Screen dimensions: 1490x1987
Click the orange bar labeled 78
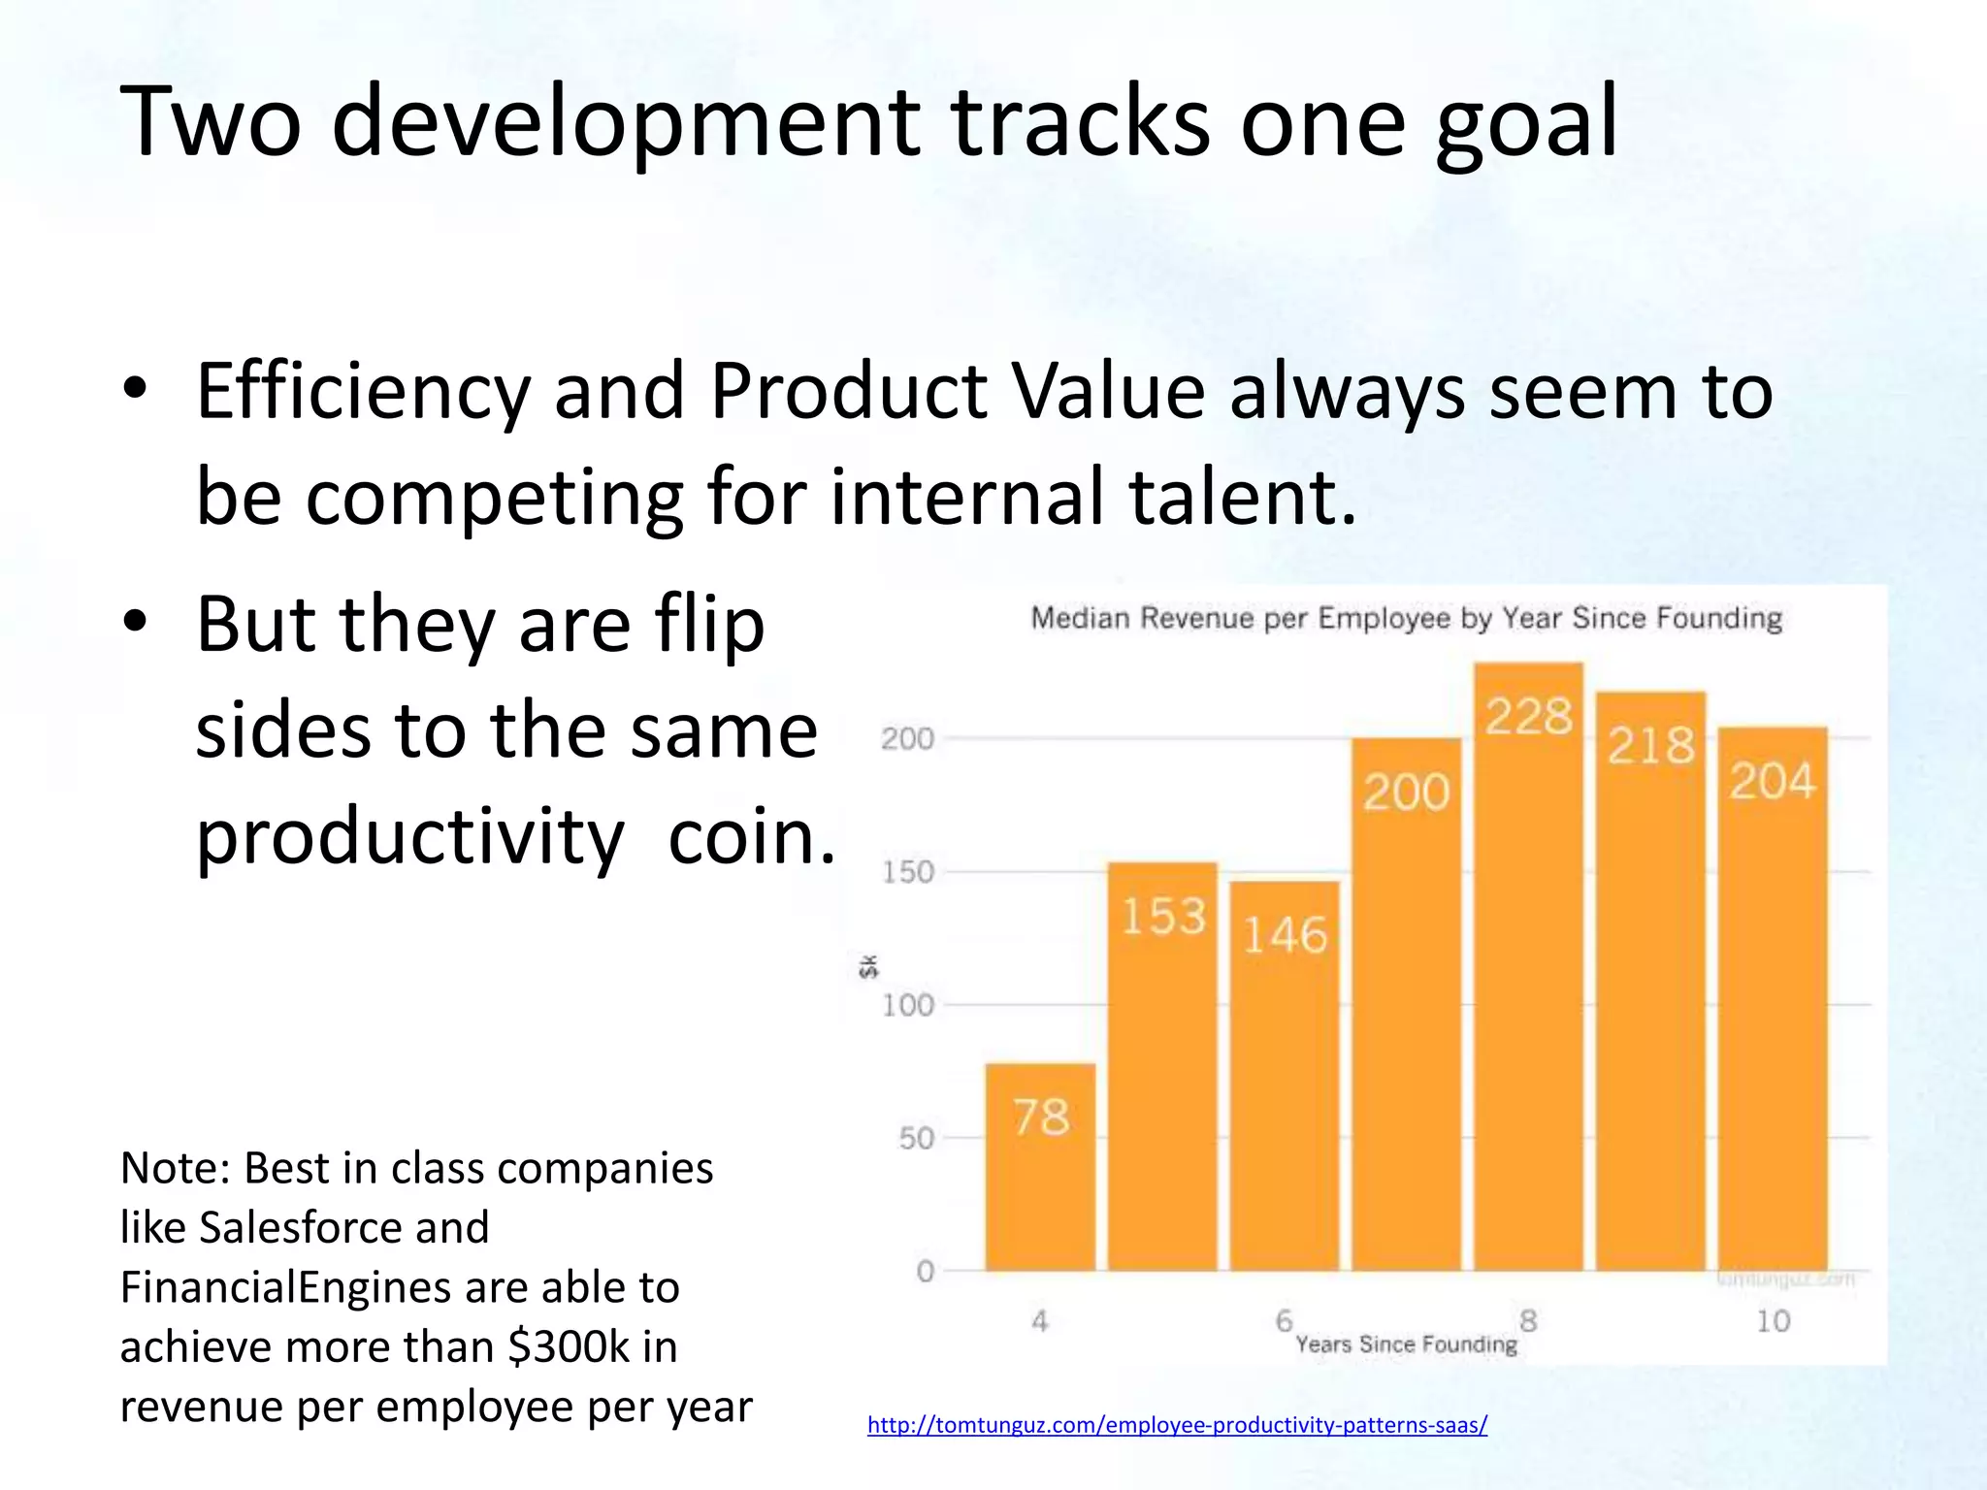click(x=1040, y=1169)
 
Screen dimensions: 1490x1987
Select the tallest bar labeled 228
click(x=1528, y=970)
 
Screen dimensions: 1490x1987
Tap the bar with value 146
click(x=1285, y=1077)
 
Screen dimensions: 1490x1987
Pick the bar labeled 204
click(x=1773, y=999)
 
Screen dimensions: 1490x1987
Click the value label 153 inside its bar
click(x=1163, y=917)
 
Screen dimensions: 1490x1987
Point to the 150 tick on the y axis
click(x=907, y=872)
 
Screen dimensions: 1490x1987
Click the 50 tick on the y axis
click(x=916, y=1138)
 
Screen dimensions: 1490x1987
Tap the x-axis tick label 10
click(x=1773, y=1321)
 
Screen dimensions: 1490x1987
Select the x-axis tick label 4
click(x=1040, y=1321)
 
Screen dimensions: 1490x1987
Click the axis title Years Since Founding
click(x=1406, y=1344)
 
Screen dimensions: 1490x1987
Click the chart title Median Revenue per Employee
click(x=1406, y=618)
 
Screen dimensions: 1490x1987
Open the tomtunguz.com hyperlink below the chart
click(x=1177, y=1425)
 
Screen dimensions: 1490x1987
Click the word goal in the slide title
click(x=1526, y=124)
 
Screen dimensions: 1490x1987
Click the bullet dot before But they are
click(x=135, y=621)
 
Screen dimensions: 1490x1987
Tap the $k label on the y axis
click(x=868, y=966)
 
